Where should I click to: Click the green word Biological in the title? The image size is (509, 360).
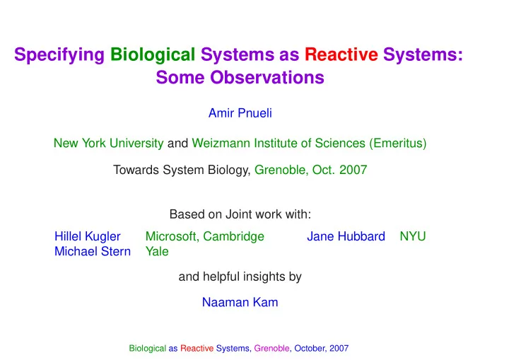click(153, 54)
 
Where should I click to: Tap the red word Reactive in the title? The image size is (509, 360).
click(341, 54)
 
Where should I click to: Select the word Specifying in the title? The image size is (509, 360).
click(59, 54)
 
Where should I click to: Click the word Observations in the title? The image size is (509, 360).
click(267, 77)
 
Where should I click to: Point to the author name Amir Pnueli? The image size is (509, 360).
click(240, 113)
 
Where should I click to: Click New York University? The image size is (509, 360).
click(108, 144)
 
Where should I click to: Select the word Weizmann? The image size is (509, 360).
click(221, 144)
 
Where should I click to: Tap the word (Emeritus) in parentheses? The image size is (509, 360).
click(397, 144)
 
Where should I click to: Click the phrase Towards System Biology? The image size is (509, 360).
click(182, 170)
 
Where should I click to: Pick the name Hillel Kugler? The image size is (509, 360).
click(88, 236)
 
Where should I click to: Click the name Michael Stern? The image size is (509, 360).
click(93, 252)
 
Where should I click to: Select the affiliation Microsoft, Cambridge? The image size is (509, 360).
click(205, 236)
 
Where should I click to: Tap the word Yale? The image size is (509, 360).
click(157, 252)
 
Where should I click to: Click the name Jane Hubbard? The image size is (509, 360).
click(346, 236)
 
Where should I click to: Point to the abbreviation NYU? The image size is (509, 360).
click(413, 236)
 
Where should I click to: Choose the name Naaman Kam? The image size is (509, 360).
click(240, 303)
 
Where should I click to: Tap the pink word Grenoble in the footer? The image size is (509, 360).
click(271, 348)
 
